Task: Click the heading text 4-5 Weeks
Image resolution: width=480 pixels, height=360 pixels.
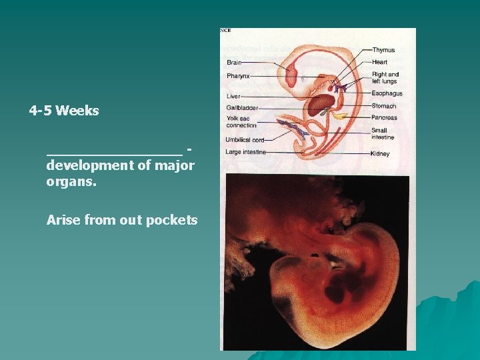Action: click(64, 111)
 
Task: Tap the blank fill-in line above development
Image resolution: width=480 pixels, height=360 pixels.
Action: click(114, 155)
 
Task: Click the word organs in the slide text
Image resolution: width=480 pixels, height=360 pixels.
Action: click(71, 181)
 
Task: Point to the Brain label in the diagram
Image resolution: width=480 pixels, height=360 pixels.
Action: click(234, 63)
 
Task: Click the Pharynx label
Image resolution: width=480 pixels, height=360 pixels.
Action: click(238, 76)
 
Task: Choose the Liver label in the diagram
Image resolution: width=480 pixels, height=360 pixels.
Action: click(233, 97)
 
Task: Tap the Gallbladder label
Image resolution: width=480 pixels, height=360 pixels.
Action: click(241, 107)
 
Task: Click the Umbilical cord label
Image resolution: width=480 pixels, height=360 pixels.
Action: click(245, 140)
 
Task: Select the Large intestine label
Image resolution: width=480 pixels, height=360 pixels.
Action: click(246, 152)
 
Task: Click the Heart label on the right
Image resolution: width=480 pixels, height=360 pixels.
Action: click(379, 62)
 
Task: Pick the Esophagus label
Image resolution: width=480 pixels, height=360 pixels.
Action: click(386, 95)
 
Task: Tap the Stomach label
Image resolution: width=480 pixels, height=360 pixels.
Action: click(384, 106)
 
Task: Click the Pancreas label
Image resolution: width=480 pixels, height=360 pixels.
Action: click(385, 118)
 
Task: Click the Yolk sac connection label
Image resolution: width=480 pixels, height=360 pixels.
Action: click(241, 121)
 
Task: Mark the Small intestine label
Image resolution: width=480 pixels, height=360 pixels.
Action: click(383, 133)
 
